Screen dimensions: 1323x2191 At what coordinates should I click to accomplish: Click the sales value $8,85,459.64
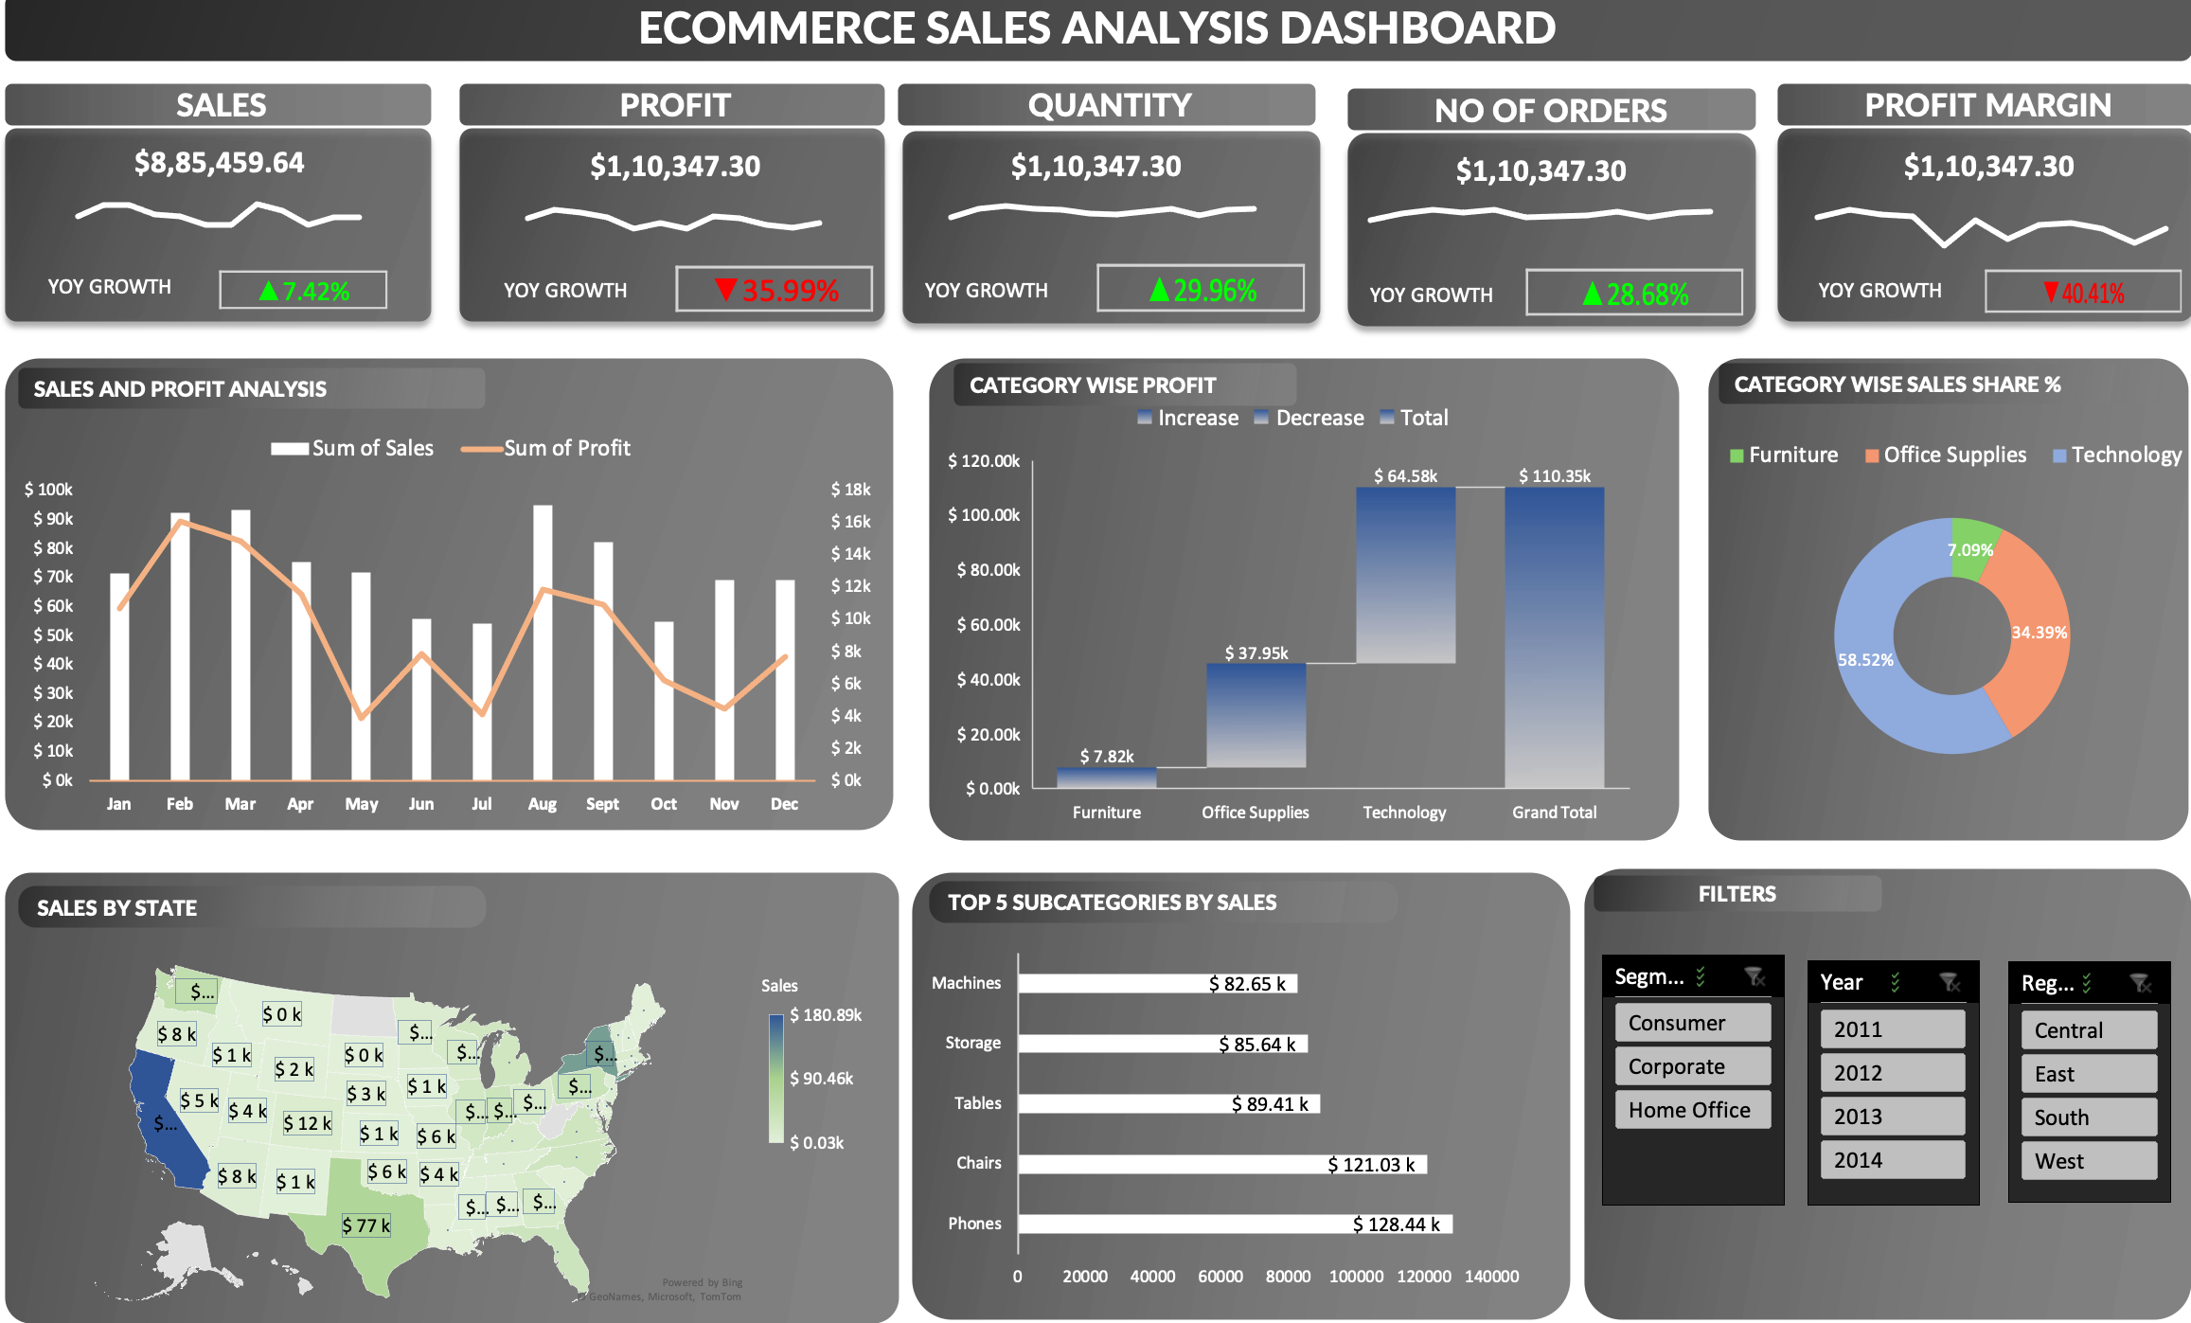coord(219,163)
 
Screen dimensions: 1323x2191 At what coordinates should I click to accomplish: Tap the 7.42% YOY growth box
coord(303,290)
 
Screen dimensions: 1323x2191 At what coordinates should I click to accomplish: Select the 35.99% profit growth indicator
coord(774,289)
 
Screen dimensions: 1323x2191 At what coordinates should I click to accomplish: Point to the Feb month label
coord(179,804)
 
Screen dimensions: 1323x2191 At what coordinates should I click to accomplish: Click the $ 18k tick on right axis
coord(849,490)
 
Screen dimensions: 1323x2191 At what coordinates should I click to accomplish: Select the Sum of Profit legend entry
coord(546,448)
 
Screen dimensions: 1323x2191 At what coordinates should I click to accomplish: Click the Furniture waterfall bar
coord(1106,778)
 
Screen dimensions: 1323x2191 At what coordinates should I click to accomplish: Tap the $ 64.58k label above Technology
coord(1405,475)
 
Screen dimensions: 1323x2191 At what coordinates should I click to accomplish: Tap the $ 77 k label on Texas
coord(365,1225)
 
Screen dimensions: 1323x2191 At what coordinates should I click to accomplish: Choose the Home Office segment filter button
coord(1692,1110)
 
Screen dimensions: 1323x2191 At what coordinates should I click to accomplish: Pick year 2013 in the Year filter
coord(1892,1117)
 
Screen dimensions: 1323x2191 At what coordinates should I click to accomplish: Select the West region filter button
coord(2088,1161)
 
